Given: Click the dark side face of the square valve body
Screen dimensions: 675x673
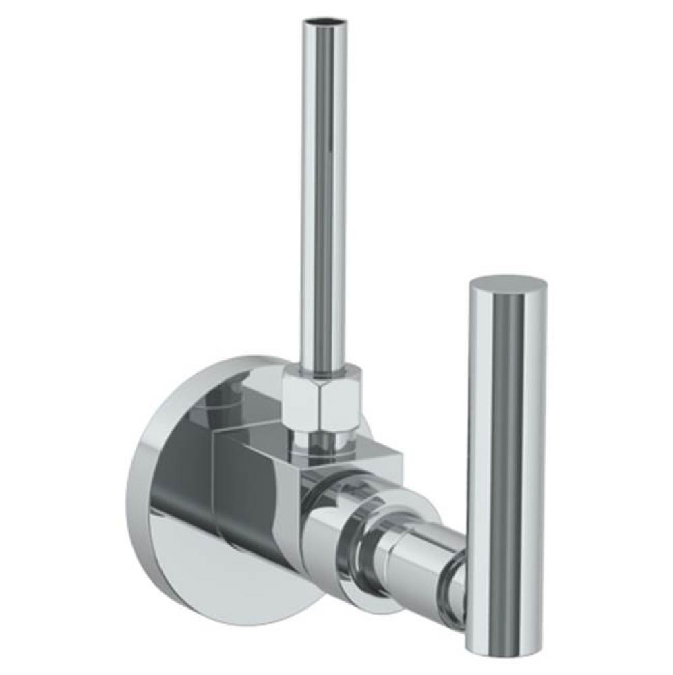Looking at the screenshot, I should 250,500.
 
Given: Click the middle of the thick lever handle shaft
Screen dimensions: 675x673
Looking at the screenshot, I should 506,459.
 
